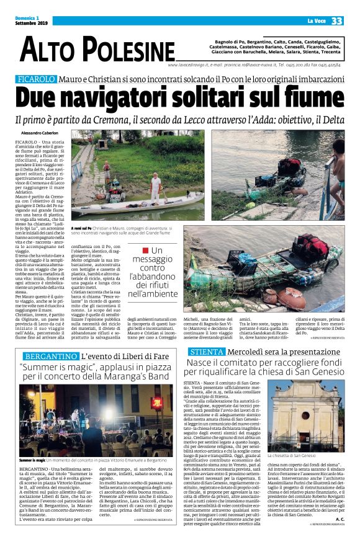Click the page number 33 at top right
pos(337,21)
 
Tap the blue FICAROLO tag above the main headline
pos(37,79)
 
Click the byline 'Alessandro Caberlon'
pos(40,133)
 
